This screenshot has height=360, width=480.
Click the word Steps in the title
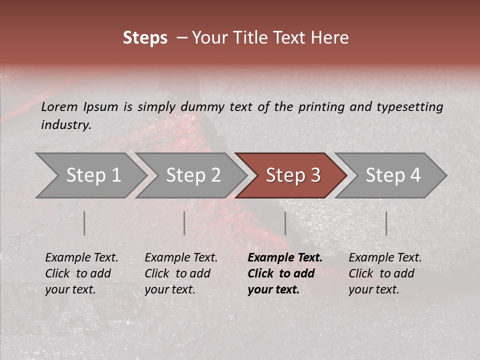145,38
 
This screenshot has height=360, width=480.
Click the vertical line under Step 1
84,223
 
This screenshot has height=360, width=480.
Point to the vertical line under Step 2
184,223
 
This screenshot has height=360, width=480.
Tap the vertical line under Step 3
285,223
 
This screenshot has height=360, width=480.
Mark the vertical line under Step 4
386,223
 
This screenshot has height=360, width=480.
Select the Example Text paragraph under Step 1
81,273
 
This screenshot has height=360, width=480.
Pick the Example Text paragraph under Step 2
181,273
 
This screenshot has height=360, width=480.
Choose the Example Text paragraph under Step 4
385,273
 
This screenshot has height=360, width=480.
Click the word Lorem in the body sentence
59,107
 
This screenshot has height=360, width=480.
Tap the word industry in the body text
65,125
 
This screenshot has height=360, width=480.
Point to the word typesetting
409,107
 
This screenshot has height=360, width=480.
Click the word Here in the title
329,38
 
